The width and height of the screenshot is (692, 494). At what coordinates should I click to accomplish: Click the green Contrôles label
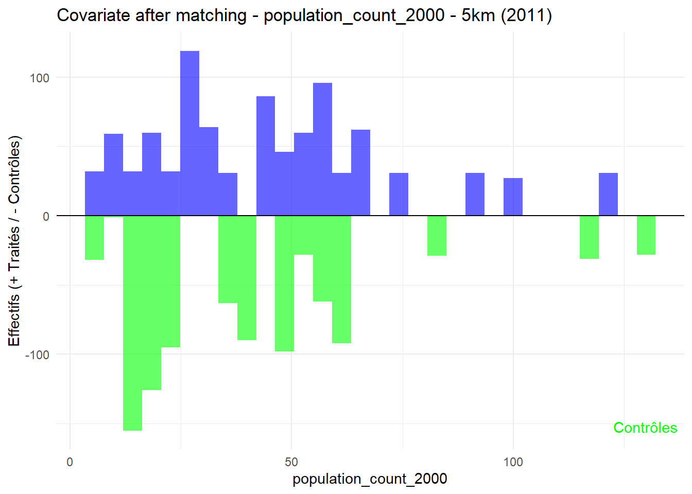(645, 428)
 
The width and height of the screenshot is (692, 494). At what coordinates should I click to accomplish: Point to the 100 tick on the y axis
(39, 78)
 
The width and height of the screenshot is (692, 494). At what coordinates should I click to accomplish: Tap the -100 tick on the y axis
(37, 355)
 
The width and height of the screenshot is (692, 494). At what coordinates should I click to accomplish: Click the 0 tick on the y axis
(46, 217)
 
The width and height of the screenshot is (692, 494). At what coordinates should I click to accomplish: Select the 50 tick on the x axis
(291, 462)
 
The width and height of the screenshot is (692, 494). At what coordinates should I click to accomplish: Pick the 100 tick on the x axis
(513, 462)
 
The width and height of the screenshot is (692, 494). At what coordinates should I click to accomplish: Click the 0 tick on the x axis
(70, 462)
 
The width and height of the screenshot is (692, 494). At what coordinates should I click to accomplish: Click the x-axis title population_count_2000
(370, 479)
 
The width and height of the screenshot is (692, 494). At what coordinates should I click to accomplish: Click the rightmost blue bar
(608, 194)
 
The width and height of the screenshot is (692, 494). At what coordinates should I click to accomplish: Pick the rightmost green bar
(646, 235)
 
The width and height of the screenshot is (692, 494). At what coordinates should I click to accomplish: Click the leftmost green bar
(94, 238)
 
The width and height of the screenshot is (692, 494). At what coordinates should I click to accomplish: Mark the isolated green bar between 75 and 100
(437, 236)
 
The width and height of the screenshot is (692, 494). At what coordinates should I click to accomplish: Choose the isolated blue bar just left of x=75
(399, 194)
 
